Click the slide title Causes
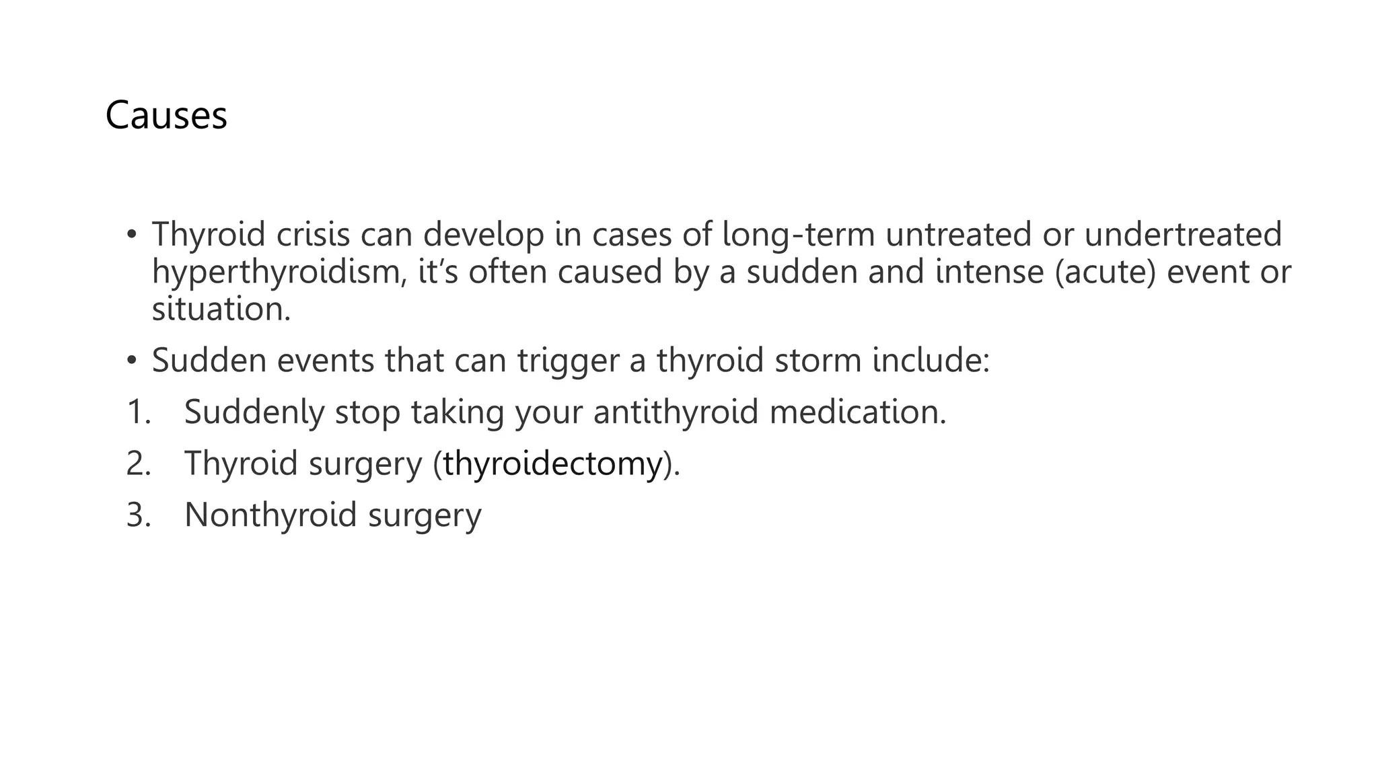click(x=166, y=115)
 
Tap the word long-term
click(x=798, y=234)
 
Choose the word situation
click(x=221, y=309)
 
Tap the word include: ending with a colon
click(x=931, y=361)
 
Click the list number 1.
click(x=138, y=412)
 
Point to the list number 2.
click(x=138, y=464)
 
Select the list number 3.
click(x=138, y=515)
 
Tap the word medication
click(x=858, y=412)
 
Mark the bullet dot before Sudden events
click(x=131, y=361)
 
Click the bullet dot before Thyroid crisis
click(x=131, y=235)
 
